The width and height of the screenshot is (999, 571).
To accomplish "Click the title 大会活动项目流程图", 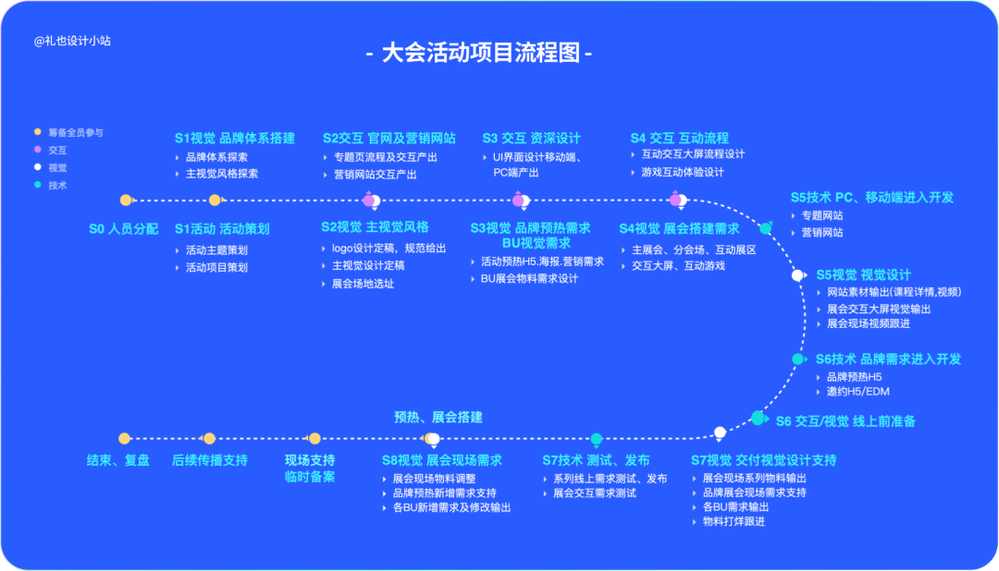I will (480, 53).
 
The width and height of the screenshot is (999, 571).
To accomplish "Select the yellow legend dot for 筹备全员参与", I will (38, 132).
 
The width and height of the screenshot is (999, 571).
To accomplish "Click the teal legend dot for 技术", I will (38, 185).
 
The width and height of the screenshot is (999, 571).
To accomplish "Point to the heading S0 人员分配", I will (123, 228).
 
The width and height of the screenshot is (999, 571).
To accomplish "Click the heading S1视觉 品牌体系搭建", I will (235, 139).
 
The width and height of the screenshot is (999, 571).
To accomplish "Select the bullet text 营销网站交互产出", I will (375, 175).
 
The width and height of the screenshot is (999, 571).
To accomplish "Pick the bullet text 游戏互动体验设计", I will (683, 172).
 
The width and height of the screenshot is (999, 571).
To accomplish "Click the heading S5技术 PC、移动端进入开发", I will (871, 197).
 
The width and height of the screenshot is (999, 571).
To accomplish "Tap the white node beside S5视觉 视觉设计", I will (797, 275).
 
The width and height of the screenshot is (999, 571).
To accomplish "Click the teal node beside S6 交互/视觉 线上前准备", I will (758, 419).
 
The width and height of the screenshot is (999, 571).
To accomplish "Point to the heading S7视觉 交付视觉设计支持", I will (764, 460).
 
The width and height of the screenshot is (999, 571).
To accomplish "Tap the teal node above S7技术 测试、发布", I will (597, 439).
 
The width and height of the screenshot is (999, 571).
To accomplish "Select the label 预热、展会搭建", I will (438, 417).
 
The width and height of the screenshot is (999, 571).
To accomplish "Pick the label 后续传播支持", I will (210, 460).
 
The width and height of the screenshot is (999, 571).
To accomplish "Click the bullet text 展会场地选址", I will (363, 284).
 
